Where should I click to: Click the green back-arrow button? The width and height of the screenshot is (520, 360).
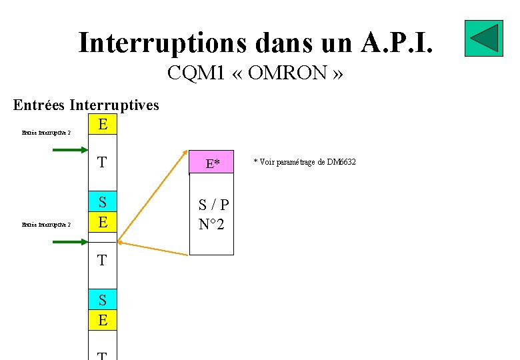click(x=483, y=37)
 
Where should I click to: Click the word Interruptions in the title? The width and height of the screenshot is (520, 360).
click(x=160, y=43)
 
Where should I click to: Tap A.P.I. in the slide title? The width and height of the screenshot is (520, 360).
click(x=399, y=43)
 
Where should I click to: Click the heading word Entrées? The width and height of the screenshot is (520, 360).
click(x=39, y=105)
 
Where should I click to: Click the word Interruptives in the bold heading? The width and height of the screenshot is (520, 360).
click(x=114, y=105)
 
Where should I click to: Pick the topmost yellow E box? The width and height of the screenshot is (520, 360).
click(x=103, y=125)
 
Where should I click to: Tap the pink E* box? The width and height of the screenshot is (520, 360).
click(x=212, y=163)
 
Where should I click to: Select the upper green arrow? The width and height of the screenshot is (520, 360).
click(x=70, y=151)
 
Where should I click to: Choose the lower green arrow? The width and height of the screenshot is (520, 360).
click(x=70, y=241)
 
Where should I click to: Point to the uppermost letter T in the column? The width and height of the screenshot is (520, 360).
click(x=102, y=163)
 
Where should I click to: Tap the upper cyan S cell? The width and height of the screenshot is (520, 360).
click(x=103, y=201)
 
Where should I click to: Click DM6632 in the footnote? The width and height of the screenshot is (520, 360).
click(x=342, y=162)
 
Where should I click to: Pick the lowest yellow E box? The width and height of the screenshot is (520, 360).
click(x=103, y=321)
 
